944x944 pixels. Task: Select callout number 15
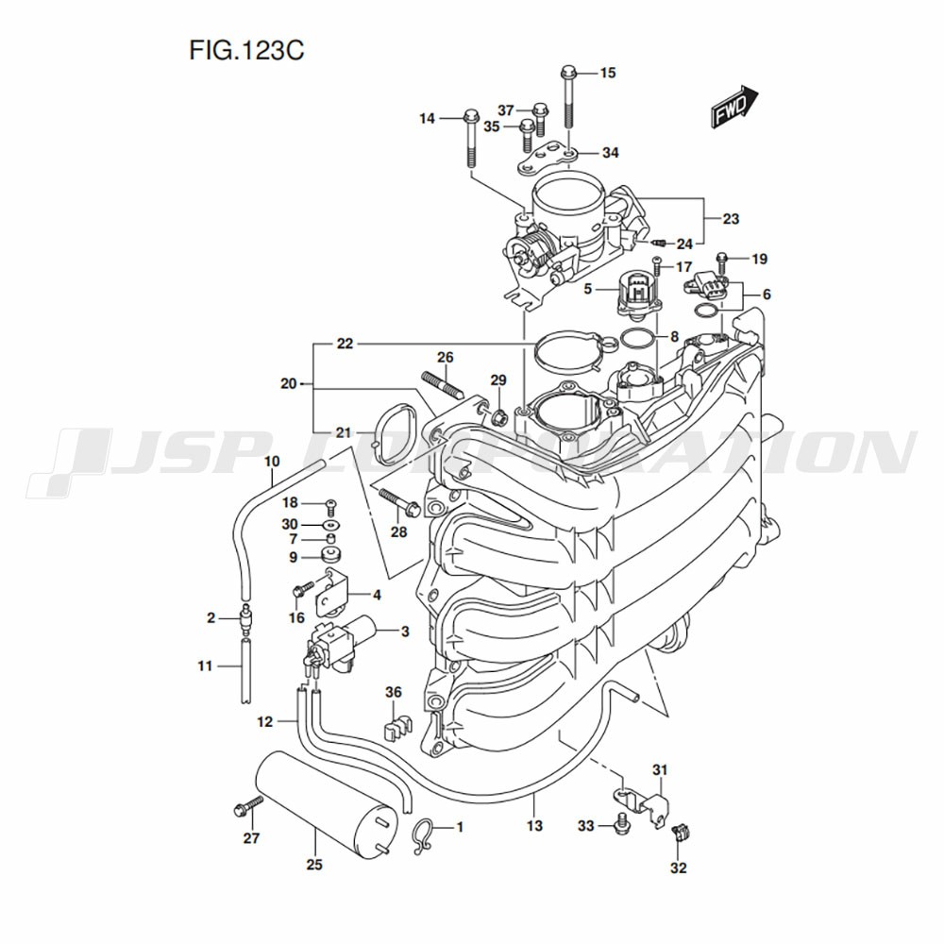(607, 73)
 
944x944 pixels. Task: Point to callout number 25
(314, 864)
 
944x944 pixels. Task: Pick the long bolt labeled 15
(568, 98)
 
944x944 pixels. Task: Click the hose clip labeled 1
(422, 834)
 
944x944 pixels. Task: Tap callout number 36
(394, 693)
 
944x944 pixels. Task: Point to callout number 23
(730, 219)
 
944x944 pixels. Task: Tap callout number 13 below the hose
(534, 826)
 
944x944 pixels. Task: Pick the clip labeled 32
(679, 835)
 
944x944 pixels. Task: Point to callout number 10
(272, 462)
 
